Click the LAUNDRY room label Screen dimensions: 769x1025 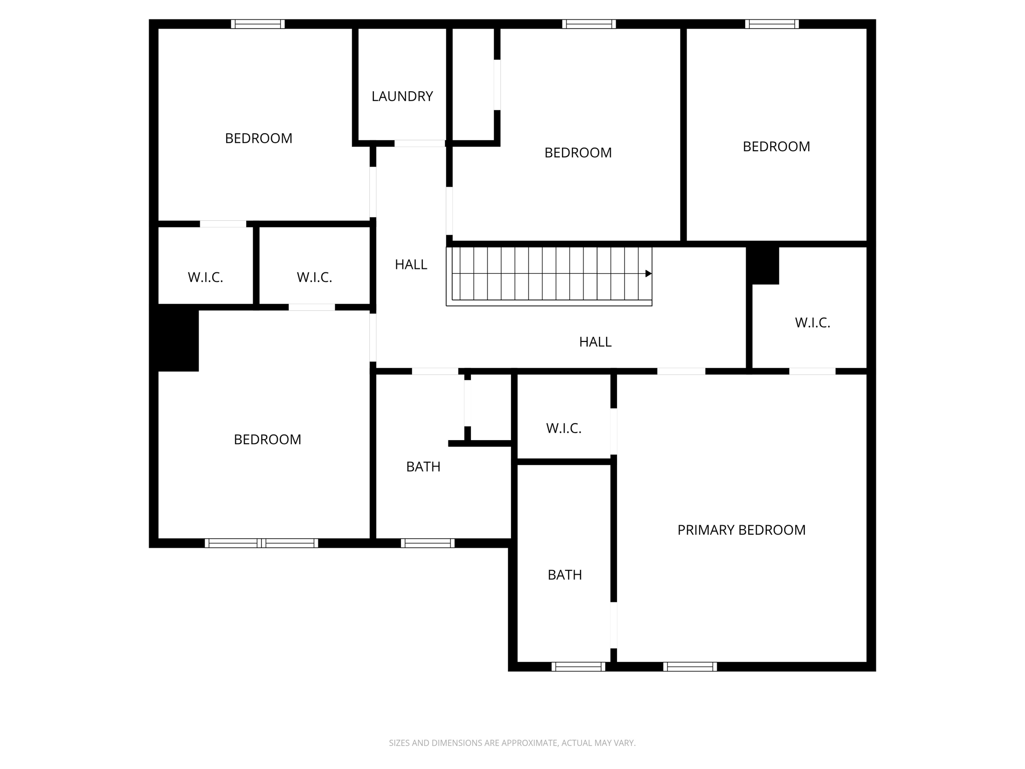pos(402,96)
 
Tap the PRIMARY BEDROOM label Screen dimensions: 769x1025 pos(741,530)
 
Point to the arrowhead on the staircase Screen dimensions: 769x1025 pos(648,273)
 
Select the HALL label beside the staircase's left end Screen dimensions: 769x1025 pos(411,264)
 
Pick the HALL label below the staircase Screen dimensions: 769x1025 pos(595,341)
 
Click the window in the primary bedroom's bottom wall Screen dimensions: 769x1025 pos(690,666)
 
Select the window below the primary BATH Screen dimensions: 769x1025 pos(578,666)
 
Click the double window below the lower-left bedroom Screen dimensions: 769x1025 pos(261,543)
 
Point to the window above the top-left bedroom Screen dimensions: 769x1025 pos(258,24)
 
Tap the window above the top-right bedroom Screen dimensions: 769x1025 pos(771,24)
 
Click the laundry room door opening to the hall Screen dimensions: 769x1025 pos(419,144)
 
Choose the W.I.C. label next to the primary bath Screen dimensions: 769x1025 pos(564,428)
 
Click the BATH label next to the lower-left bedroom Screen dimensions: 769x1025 pos(423,467)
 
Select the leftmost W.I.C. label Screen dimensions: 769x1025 pos(205,277)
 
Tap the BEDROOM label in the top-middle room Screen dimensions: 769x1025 pos(578,153)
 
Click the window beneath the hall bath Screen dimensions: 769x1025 pos(427,543)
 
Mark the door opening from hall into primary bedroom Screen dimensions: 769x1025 pos(681,371)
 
